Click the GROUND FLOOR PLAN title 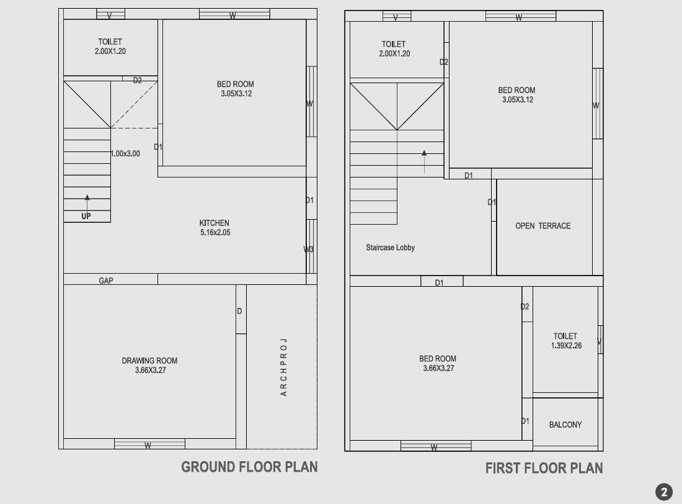tap(249, 467)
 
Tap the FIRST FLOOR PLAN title tap(544, 468)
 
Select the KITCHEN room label tap(214, 223)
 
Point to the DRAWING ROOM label tap(149, 361)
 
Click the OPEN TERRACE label tap(543, 226)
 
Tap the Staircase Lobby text tap(390, 248)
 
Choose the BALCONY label tap(565, 425)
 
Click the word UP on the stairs tap(86, 216)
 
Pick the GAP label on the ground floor tap(105, 281)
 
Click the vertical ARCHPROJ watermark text tap(283, 367)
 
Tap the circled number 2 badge tap(664, 492)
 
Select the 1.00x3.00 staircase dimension tap(125, 153)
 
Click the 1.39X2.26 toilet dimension tap(566, 346)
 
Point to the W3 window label tap(308, 250)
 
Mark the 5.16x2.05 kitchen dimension tap(215, 233)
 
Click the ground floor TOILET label tap(110, 42)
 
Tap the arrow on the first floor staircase tap(424, 161)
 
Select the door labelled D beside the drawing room tap(239, 311)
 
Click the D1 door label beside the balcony tap(525, 421)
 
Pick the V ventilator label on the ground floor tap(109, 16)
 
